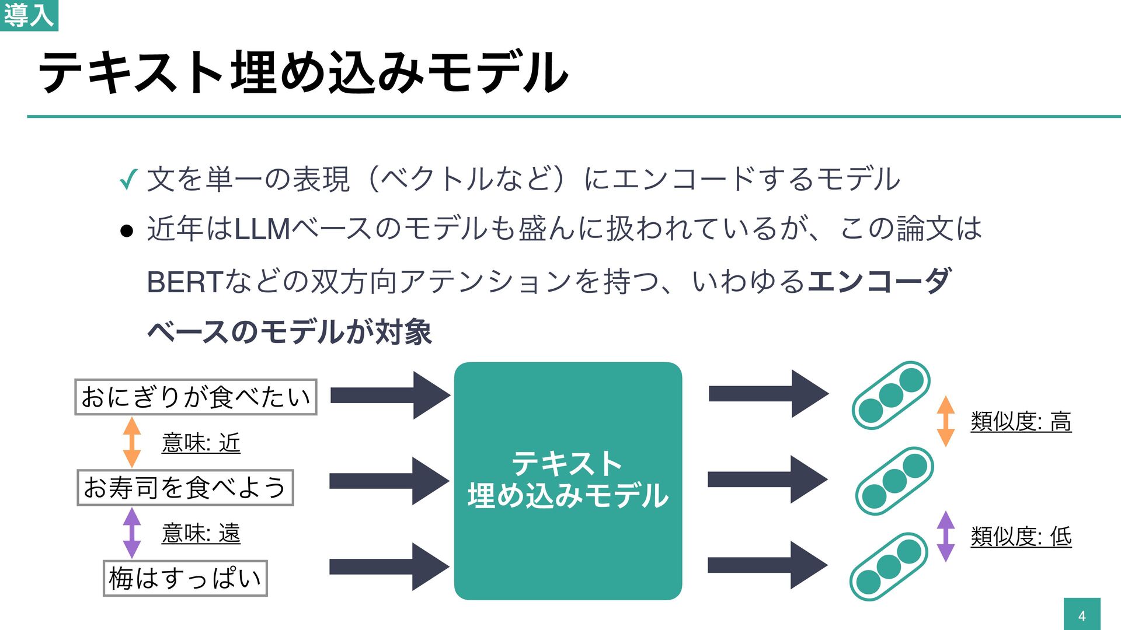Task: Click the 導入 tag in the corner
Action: [x=29, y=15]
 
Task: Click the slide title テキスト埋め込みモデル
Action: [x=303, y=72]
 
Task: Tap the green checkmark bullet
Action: [x=128, y=180]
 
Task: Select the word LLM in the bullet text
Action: [x=262, y=229]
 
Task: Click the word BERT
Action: [x=184, y=282]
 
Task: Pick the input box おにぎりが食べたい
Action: [x=196, y=397]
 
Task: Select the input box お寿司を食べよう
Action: [x=185, y=488]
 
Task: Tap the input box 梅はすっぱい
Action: [x=185, y=578]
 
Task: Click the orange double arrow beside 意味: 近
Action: [x=132, y=442]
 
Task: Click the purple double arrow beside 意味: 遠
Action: [x=132, y=533]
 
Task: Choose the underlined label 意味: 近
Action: [x=201, y=443]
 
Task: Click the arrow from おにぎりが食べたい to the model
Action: [x=389, y=395]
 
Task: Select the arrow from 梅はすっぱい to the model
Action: [x=389, y=566]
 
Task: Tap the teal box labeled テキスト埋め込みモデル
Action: [x=568, y=481]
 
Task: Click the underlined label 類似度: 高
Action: [x=1021, y=422]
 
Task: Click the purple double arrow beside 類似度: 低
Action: [x=945, y=536]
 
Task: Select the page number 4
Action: [x=1082, y=615]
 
